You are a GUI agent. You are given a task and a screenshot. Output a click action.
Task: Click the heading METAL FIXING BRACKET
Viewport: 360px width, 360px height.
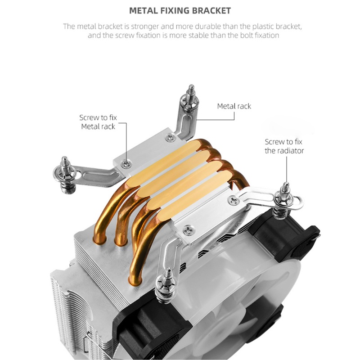click(180, 11)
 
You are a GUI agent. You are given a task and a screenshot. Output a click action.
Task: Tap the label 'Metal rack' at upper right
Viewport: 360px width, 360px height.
click(234, 106)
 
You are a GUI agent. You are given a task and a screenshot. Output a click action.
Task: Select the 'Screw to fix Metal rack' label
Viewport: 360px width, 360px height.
click(98, 122)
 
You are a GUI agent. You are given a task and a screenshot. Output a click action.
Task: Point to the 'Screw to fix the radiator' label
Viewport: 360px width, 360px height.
click(284, 146)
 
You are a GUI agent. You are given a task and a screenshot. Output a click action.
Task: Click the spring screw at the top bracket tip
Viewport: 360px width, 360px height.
click(190, 99)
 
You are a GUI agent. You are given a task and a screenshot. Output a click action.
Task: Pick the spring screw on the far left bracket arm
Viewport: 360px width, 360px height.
click(66, 175)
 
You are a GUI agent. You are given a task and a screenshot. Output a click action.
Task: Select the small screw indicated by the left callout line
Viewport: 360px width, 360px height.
click(126, 163)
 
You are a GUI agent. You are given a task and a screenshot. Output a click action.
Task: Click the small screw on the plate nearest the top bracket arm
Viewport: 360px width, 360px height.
click(171, 137)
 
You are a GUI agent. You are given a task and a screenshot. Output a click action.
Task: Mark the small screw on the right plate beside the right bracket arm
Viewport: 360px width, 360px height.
click(234, 201)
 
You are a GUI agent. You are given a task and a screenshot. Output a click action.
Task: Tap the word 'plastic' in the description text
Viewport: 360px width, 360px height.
click(263, 27)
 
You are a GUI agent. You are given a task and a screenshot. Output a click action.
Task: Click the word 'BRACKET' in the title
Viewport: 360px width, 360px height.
click(211, 11)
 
